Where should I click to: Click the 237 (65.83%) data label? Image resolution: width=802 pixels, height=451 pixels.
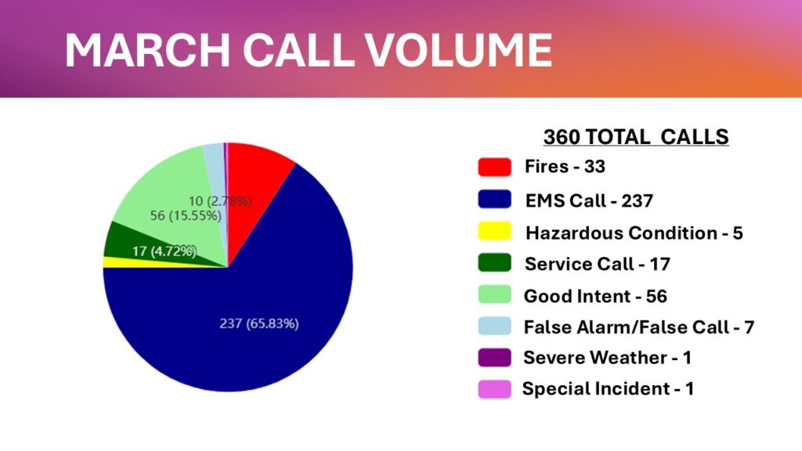(x=258, y=323)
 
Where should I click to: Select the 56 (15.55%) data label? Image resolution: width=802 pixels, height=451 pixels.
(x=186, y=216)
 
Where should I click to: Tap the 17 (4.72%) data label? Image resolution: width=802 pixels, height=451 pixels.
(x=164, y=251)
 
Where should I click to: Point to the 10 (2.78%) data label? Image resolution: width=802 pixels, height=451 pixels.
(x=220, y=201)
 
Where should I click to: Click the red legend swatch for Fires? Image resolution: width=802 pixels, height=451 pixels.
(x=495, y=168)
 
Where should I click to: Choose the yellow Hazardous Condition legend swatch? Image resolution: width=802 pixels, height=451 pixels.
(x=495, y=231)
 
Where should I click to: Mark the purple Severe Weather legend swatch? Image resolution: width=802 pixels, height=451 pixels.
(x=495, y=357)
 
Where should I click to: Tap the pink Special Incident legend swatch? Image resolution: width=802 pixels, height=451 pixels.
(x=495, y=389)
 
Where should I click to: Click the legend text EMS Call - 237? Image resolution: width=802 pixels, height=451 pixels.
(x=589, y=200)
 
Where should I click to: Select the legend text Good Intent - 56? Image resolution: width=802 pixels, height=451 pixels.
(x=595, y=296)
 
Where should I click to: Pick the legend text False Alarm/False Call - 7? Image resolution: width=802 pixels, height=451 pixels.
(x=639, y=327)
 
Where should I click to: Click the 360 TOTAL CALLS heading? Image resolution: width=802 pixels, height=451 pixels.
(x=636, y=136)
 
